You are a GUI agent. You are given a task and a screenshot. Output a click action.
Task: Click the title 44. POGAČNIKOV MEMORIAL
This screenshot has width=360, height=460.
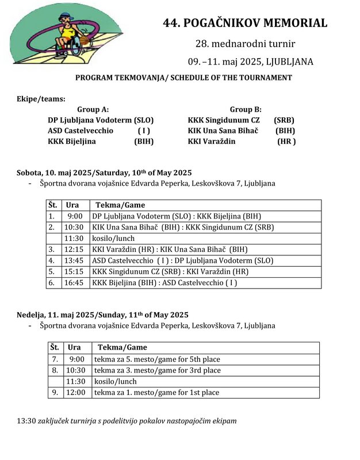point(246,24)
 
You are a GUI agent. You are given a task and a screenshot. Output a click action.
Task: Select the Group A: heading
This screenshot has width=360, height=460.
point(93,109)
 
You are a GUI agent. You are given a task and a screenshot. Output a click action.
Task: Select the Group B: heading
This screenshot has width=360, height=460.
point(246,109)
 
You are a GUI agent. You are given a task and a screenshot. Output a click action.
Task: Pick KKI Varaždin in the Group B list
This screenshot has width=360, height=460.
point(212,141)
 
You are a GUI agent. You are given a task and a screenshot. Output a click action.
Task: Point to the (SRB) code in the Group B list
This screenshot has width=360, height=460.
point(284,120)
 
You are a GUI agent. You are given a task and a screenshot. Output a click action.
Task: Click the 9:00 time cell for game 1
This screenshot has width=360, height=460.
point(75,216)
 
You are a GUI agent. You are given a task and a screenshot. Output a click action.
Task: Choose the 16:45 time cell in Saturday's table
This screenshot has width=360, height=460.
point(75,282)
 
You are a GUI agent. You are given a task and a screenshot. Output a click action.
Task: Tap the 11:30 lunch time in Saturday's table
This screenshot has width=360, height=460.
point(75,238)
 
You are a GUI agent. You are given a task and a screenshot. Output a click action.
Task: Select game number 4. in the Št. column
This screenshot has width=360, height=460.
point(52,260)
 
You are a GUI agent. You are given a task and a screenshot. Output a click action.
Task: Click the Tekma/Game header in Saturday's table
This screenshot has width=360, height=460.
point(120,205)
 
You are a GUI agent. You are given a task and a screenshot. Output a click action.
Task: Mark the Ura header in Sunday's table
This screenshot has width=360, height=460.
point(74,347)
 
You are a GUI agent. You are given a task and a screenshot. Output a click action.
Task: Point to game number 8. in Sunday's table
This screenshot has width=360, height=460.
point(54,370)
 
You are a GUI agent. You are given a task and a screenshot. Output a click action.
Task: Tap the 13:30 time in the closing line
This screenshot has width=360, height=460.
point(26,421)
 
